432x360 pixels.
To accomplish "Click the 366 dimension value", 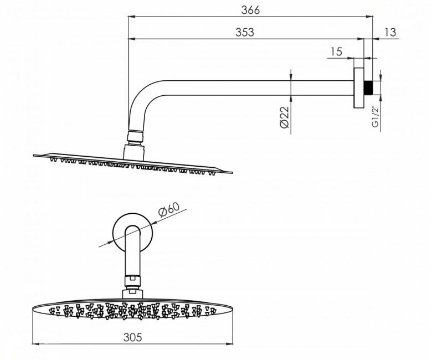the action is click(250, 10).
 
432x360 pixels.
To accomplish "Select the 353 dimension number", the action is click(245, 32).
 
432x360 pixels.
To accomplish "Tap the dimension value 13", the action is click(390, 32).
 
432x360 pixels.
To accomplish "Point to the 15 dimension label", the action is click(336, 52).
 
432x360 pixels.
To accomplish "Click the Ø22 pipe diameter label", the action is click(284, 117).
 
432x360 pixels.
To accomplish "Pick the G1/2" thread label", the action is click(376, 116).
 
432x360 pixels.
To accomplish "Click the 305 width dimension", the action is click(132, 337).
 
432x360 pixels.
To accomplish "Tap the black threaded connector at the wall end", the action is click(368, 88).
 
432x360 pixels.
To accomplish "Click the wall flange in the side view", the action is click(359, 88).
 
